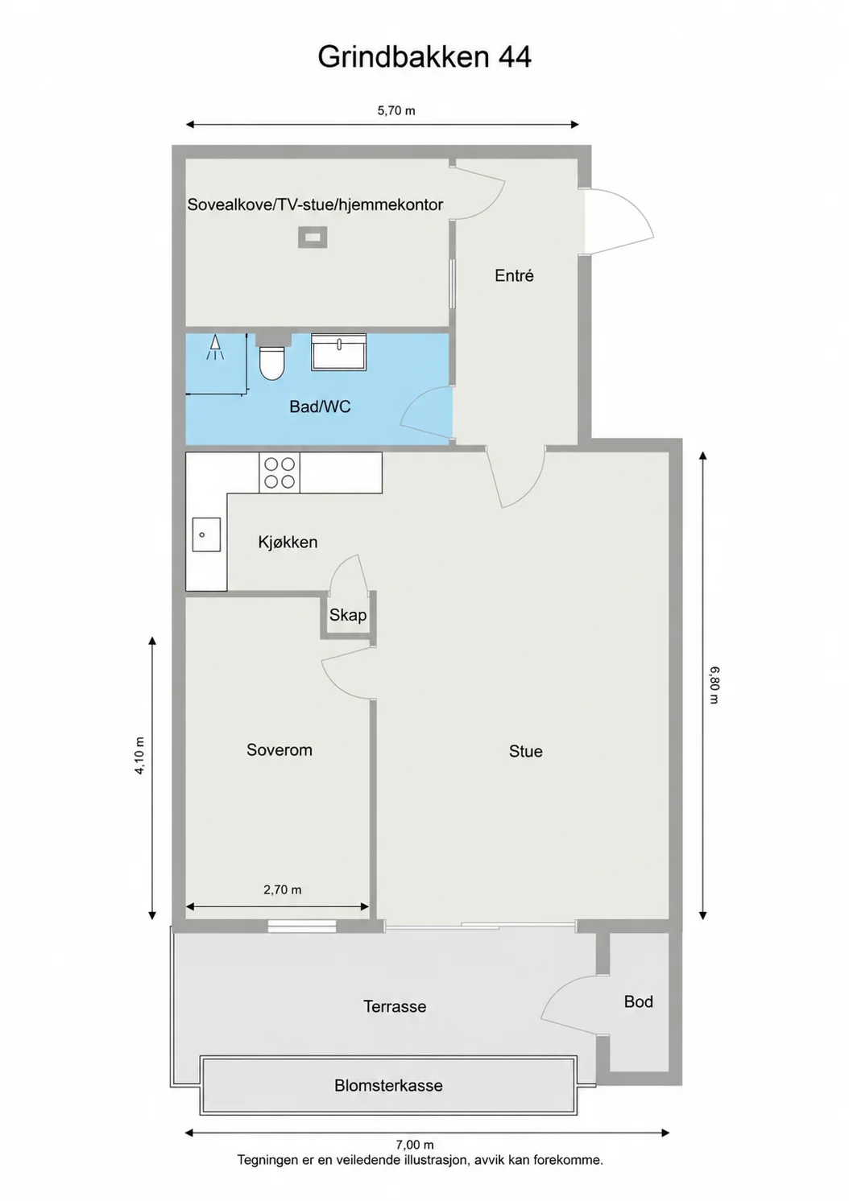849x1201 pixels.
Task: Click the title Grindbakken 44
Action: click(x=424, y=57)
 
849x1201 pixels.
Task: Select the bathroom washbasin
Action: click(x=338, y=352)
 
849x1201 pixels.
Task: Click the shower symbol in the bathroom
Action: click(x=215, y=348)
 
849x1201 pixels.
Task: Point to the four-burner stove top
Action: click(x=280, y=473)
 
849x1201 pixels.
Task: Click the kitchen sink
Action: click(x=207, y=534)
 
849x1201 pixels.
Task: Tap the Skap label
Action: click(x=348, y=615)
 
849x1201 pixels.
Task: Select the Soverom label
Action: click(x=279, y=749)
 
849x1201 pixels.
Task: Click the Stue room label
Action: click(x=525, y=751)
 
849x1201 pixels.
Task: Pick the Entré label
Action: click(x=514, y=275)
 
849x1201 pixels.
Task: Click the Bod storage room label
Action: click(x=638, y=1001)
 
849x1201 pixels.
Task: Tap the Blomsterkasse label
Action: click(x=388, y=1086)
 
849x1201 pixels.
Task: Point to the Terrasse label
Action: click(x=395, y=1006)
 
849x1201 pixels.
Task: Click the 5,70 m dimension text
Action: click(x=396, y=111)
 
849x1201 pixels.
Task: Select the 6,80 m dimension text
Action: click(x=714, y=685)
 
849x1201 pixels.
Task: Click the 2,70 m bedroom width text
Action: click(x=282, y=890)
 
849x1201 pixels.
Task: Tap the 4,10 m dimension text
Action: click(x=139, y=756)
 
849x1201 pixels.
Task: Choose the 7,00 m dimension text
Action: click(x=415, y=1145)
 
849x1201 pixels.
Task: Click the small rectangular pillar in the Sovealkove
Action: click(x=313, y=237)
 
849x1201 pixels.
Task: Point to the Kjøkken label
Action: click(x=288, y=542)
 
